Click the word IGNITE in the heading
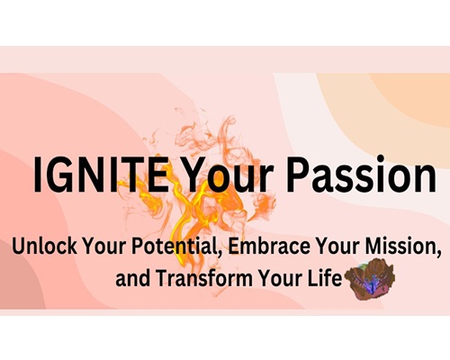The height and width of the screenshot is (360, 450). [x=101, y=174]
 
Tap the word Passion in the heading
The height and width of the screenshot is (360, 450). [x=364, y=174]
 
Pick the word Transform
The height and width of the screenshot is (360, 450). [x=204, y=277]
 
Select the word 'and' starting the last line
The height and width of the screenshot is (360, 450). [x=133, y=278]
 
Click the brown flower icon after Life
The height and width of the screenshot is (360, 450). [x=370, y=279]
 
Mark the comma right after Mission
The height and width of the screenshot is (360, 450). [x=439, y=254]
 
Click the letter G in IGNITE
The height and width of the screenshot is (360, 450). [x=59, y=175]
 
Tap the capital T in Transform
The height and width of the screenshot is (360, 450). [x=163, y=278]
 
